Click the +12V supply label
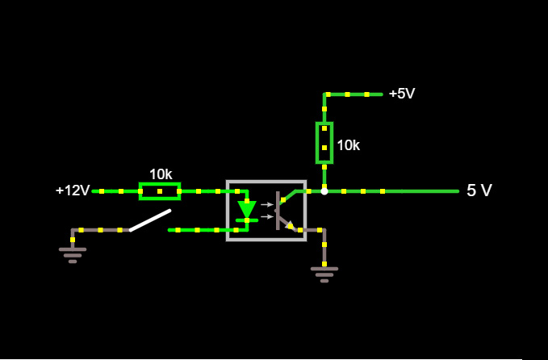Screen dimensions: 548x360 [x=73, y=190]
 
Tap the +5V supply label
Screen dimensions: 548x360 [x=401, y=94]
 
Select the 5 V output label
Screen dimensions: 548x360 [x=479, y=190]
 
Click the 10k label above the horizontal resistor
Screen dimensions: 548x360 [x=161, y=174]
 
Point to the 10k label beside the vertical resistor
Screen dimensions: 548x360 [x=348, y=145]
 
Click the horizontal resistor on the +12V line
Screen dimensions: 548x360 [x=160, y=191]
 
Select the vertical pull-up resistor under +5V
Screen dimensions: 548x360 [x=324, y=143]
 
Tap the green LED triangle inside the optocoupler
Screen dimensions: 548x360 [x=247, y=209]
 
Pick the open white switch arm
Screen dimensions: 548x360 [x=151, y=220]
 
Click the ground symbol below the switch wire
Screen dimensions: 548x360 [x=73, y=253]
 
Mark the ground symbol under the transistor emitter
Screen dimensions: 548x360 [x=324, y=273]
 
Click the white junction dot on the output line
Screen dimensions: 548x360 [x=324, y=191]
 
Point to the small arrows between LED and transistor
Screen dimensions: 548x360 [x=267, y=211]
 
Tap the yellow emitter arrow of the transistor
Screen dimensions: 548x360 [x=290, y=225]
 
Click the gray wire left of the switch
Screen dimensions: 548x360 [x=101, y=230]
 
